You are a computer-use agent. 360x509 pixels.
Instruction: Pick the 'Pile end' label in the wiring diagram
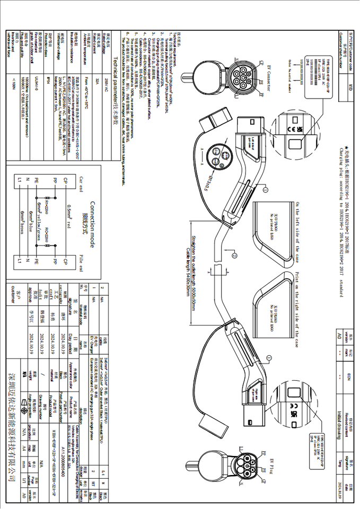81,261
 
